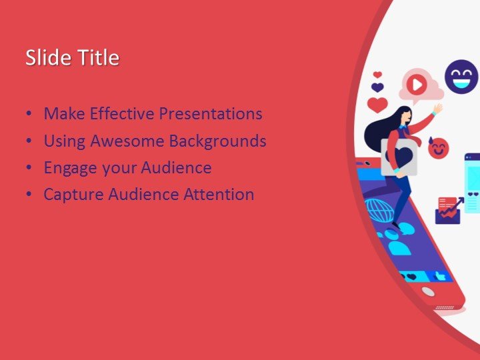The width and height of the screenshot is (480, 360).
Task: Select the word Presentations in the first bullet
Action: tap(209, 114)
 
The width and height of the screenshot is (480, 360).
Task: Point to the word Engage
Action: tap(67, 168)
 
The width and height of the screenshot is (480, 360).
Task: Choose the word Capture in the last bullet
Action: tap(69, 195)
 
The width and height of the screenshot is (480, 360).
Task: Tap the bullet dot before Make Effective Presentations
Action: tap(28, 114)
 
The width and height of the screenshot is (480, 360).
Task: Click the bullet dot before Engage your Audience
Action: tap(28, 168)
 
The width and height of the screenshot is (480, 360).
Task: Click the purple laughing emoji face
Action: tap(461, 76)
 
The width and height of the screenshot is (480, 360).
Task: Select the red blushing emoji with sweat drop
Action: tap(438, 147)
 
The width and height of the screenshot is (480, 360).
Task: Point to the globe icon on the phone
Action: tap(379, 211)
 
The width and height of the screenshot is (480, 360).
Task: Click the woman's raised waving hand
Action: tap(437, 107)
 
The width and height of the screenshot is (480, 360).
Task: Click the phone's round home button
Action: tap(427, 292)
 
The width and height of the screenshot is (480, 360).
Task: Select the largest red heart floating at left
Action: tap(378, 105)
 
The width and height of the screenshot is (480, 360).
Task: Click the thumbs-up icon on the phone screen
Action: tap(440, 275)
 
